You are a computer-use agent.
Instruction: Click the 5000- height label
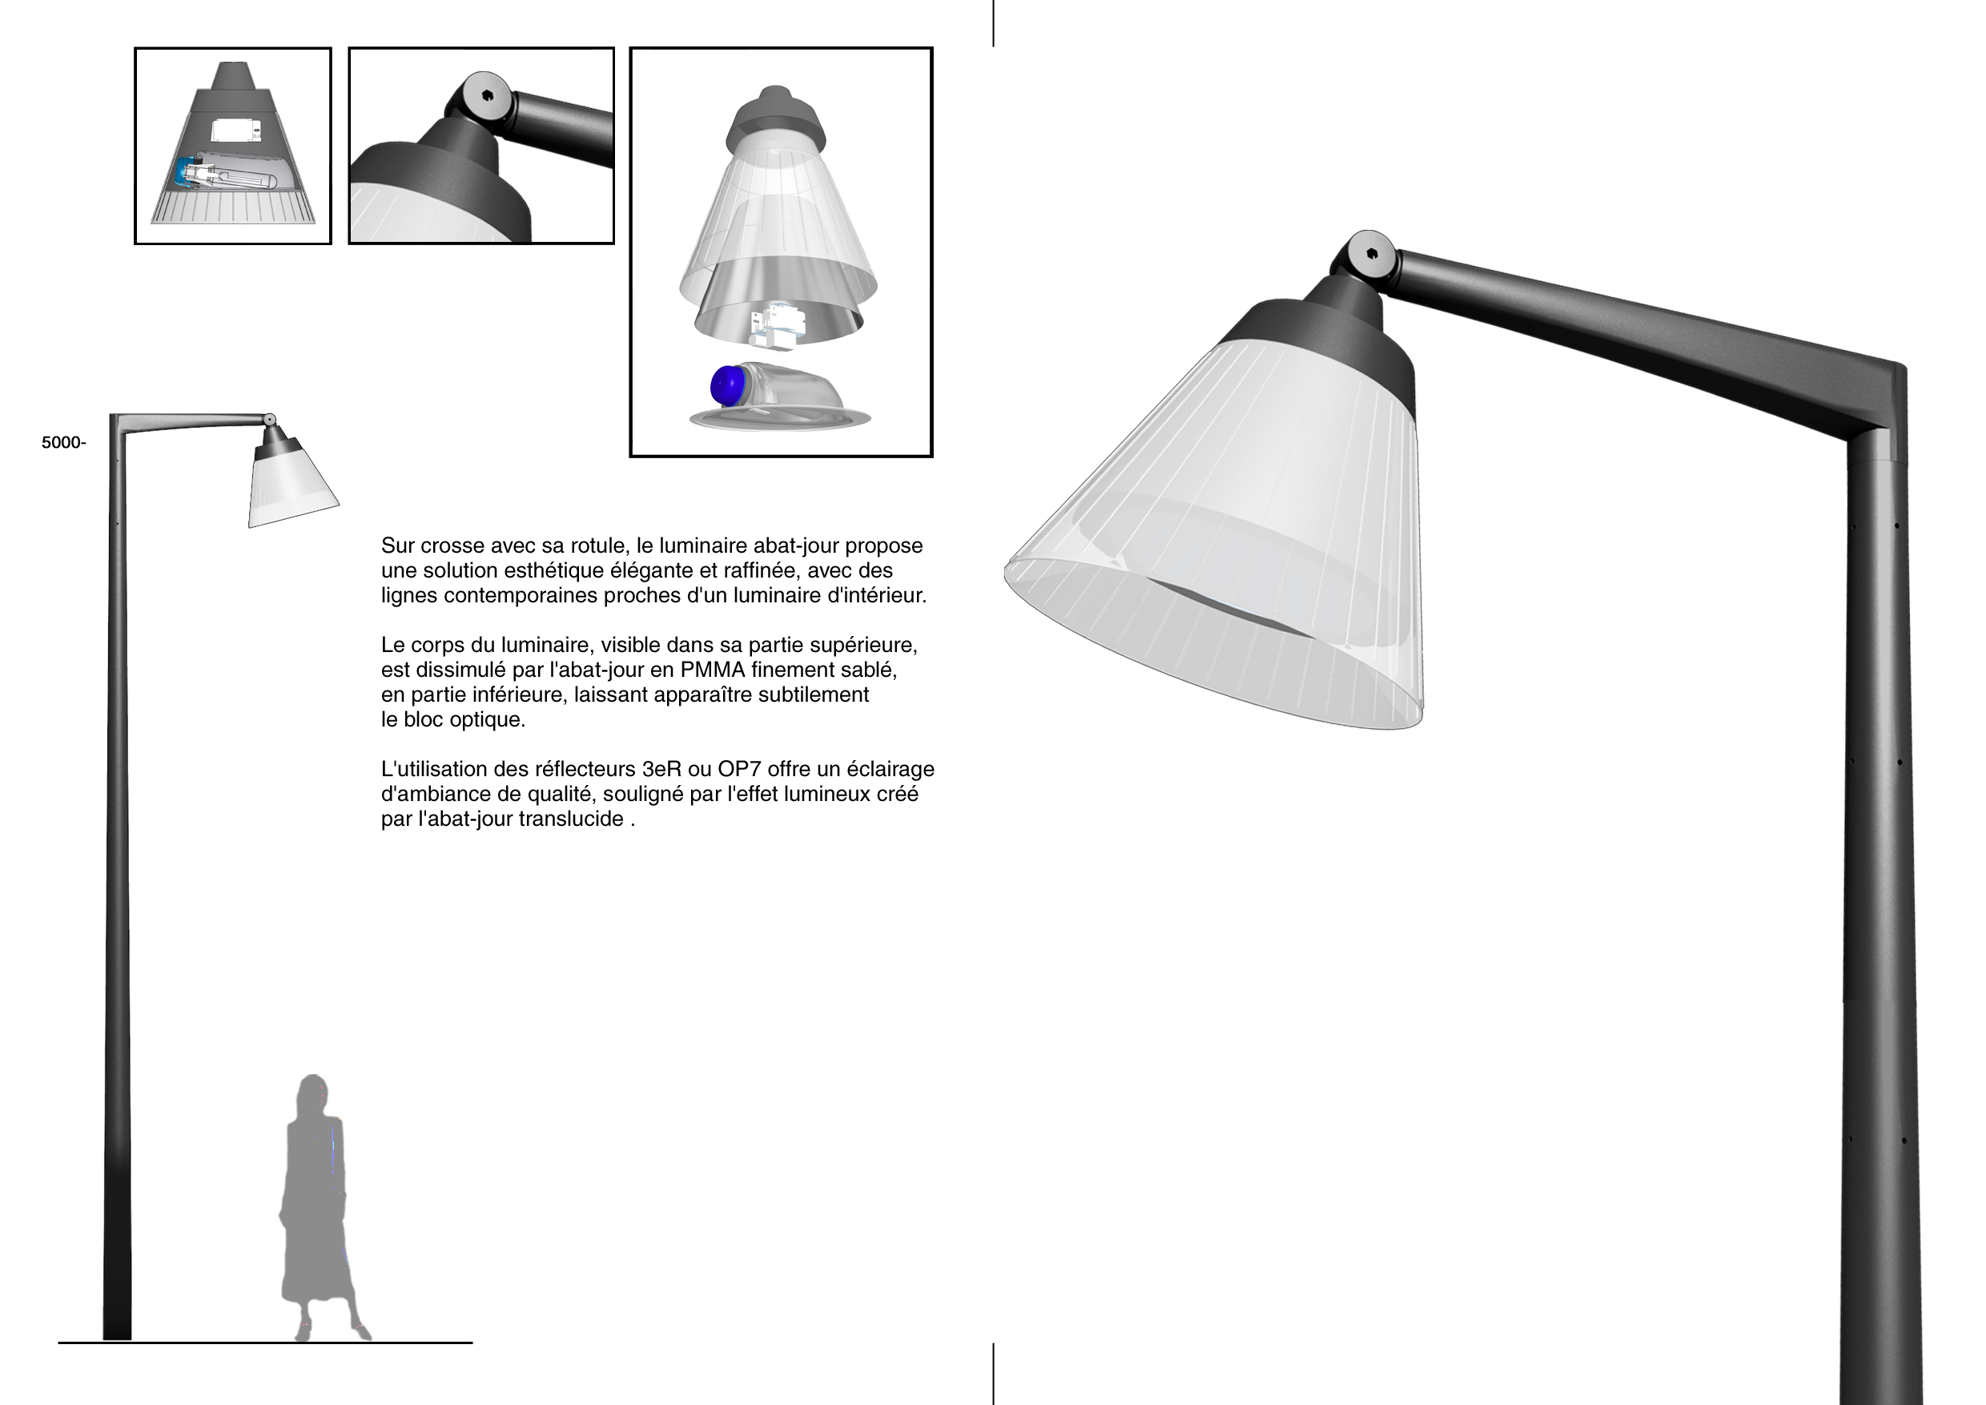coord(63,443)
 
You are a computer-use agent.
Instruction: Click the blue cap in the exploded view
coord(727,386)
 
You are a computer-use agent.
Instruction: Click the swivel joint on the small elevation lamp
coord(270,421)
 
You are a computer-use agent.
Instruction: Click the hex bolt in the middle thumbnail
coord(487,96)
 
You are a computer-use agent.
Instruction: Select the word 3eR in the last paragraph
coord(661,769)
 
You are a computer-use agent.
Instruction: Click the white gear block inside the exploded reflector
coord(777,326)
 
